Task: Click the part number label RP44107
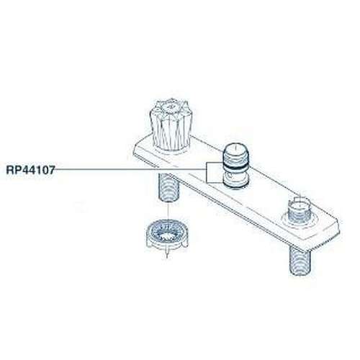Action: point(30,170)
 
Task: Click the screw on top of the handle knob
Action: point(171,106)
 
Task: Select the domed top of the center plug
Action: point(236,149)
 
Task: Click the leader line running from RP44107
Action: point(130,170)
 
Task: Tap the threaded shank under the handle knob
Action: point(168,188)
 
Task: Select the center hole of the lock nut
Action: point(168,233)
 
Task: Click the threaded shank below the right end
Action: point(300,261)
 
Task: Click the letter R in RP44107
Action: point(9,170)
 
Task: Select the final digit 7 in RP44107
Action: point(52,170)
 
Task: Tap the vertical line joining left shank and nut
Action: point(168,212)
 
